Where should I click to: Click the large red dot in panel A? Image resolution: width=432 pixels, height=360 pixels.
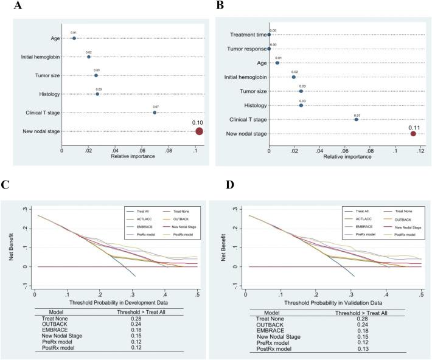(199, 131)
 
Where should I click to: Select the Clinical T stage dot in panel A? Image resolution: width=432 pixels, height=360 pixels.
(155, 112)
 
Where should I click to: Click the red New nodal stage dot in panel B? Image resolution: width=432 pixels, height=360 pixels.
(413, 134)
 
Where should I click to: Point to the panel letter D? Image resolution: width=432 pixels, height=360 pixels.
(221, 182)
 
